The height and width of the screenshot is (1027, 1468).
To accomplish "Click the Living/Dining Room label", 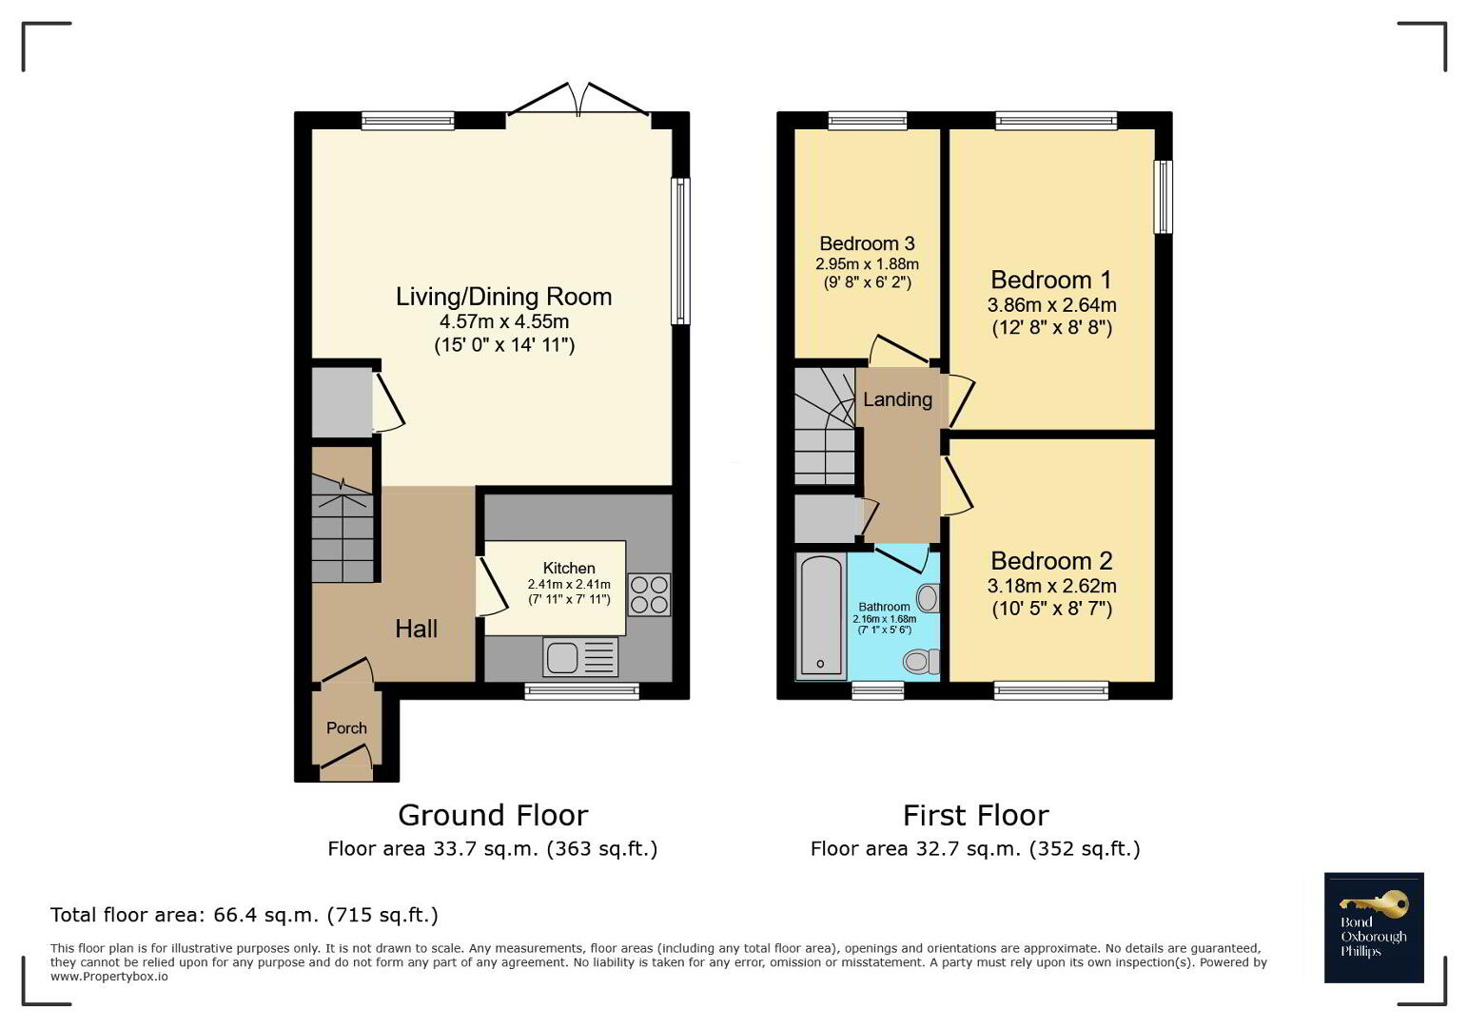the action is coord(503,297).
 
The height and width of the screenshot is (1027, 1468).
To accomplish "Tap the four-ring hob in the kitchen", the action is coord(649,594).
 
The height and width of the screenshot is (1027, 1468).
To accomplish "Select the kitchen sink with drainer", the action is coord(580,657).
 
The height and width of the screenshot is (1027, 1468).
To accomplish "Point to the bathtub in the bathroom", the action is coord(820,616).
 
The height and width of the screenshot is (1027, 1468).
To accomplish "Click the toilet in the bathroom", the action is coord(922,661).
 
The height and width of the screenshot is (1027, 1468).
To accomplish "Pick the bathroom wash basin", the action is coord(928,597).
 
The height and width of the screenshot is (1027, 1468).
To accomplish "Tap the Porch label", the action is coord(346,727).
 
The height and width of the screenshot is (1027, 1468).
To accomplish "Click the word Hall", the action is coord(416,629).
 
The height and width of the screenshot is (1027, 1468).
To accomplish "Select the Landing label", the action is coord(897,399).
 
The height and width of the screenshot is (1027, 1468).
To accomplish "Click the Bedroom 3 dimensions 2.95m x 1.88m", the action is coord(867,264).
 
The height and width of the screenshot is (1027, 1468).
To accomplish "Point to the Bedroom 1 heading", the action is coord(1051,280).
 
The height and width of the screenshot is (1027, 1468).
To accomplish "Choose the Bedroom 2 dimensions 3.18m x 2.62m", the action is coord(1052,586).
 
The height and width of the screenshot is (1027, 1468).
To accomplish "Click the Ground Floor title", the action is coord(493,816).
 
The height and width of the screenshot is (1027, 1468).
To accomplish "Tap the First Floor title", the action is coord(976,816).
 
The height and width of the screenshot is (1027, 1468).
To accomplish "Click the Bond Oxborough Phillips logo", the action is coord(1374,927).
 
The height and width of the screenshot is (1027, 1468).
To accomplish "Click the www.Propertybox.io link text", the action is coord(109,977).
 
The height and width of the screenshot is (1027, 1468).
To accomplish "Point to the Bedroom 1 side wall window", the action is coord(1163,197).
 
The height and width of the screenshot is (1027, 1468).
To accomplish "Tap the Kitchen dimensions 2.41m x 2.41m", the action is coord(569,584).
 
